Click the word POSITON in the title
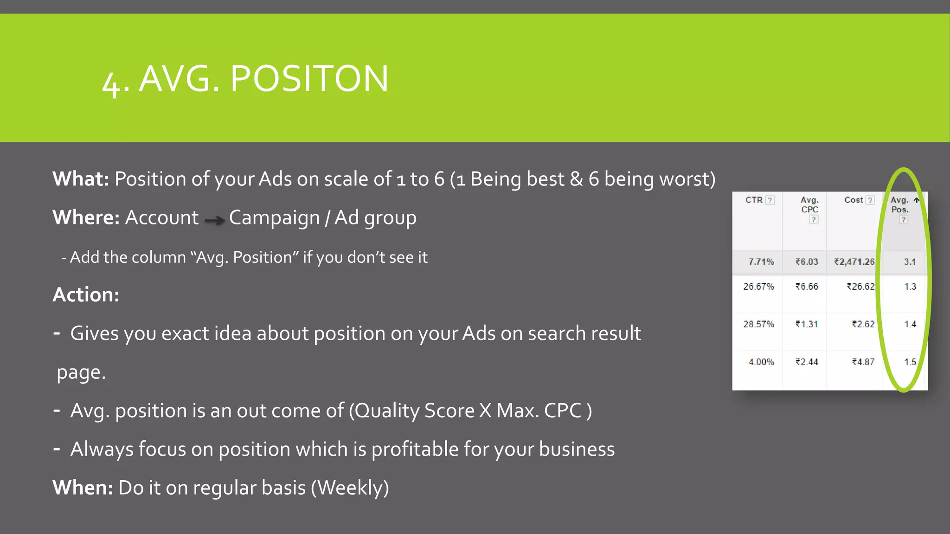(309, 78)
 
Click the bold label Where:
(86, 217)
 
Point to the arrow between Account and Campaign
(214, 220)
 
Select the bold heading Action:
(86, 295)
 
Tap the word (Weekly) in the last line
(350, 488)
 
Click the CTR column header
(754, 200)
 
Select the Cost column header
(854, 200)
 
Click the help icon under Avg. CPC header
(813, 220)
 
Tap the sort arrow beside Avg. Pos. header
(916, 200)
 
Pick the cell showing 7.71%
(761, 262)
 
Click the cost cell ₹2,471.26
(854, 262)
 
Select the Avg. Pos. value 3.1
(910, 262)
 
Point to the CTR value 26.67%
(758, 286)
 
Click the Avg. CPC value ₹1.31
(807, 324)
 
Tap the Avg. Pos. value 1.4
(910, 324)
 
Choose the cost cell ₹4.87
(863, 362)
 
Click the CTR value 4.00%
(761, 362)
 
